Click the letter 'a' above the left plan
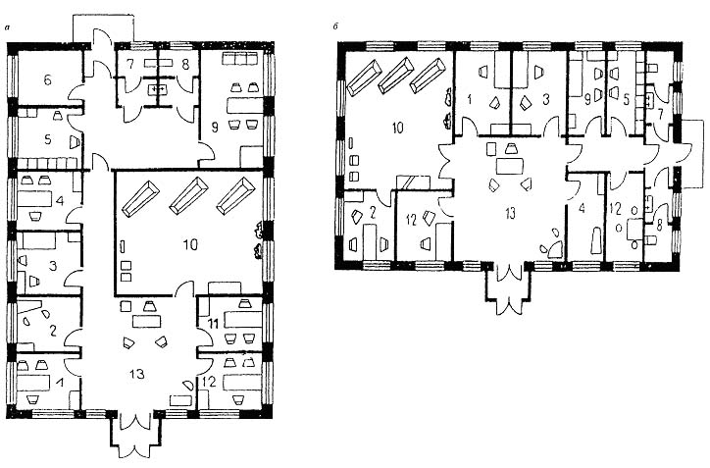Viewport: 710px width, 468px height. (x=7, y=28)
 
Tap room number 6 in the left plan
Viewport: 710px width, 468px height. (x=47, y=80)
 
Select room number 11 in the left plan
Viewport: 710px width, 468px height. (x=213, y=324)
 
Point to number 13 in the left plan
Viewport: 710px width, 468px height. (x=136, y=374)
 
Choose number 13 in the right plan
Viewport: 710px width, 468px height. (x=510, y=213)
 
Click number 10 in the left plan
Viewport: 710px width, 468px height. (x=190, y=244)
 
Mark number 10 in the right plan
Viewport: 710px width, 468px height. (x=397, y=128)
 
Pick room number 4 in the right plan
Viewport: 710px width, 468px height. (x=582, y=208)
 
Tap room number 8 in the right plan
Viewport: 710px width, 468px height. (x=659, y=226)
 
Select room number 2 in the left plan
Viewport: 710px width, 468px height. (x=53, y=331)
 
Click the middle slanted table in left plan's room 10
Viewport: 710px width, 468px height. (x=189, y=195)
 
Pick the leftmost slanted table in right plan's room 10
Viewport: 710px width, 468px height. (x=363, y=78)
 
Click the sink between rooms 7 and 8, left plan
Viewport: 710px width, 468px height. (x=158, y=89)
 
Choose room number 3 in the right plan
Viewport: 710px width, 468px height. (x=546, y=99)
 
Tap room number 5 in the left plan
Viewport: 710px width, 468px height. (x=47, y=139)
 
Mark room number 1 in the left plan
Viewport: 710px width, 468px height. (x=59, y=384)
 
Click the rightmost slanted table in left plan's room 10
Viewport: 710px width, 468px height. (x=236, y=195)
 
